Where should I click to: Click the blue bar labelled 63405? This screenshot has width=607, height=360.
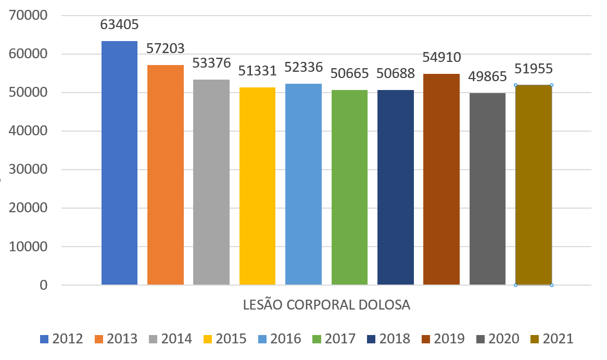[x=119, y=163]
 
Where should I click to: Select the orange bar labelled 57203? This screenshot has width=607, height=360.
[x=166, y=175]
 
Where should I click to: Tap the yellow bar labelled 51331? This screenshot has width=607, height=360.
[x=258, y=186]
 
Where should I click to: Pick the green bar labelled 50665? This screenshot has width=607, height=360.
[x=349, y=187]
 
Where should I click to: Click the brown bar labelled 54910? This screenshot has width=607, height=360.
[x=441, y=179]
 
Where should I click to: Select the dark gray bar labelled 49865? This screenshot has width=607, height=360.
[x=487, y=189]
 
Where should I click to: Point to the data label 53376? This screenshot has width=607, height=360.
[x=211, y=63]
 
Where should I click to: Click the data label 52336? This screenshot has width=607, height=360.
[x=303, y=67]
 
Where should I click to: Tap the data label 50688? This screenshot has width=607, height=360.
[x=396, y=73]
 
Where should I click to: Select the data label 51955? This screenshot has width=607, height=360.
[x=534, y=69]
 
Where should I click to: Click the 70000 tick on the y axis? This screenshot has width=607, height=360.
[x=28, y=16]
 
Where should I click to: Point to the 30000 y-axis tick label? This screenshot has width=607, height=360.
[x=28, y=170]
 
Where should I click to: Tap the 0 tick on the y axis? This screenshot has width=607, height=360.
[x=43, y=285]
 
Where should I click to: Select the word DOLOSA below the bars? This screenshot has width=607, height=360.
[x=384, y=305]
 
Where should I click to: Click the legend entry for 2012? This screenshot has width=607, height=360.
[x=61, y=339]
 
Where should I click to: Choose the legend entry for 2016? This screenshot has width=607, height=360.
[x=280, y=339]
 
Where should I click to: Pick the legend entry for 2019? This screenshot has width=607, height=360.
[x=443, y=339]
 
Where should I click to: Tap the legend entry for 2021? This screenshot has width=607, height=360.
[x=552, y=339]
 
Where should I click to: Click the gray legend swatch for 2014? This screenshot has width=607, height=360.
[x=153, y=339]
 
